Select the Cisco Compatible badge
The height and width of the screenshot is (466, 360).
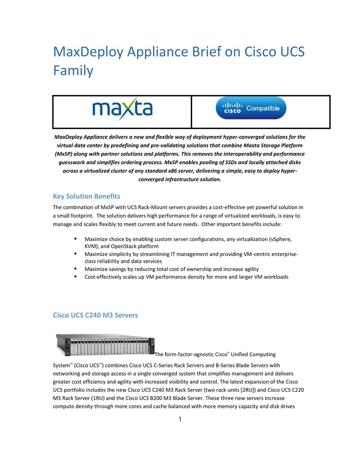point(251,108)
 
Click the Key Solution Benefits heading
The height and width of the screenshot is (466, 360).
point(86,196)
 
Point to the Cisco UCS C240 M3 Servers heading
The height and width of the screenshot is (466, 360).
point(95,315)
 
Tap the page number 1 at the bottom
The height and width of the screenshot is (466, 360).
point(180,420)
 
